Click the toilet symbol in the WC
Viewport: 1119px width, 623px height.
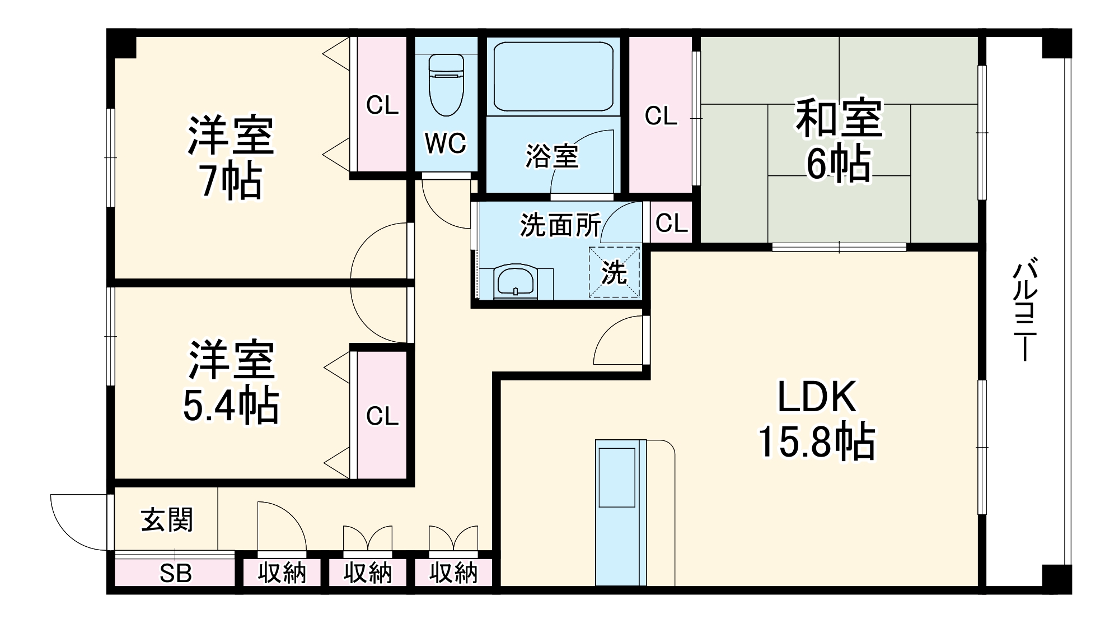click(x=446, y=84)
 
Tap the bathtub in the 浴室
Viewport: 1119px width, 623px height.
click(x=553, y=76)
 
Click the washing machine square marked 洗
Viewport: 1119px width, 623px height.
click(x=614, y=272)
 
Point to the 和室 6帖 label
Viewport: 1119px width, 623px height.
click(x=839, y=140)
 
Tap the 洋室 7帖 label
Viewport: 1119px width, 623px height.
click(x=231, y=157)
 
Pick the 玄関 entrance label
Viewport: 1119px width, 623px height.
click(x=167, y=520)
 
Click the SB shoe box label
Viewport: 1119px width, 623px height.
click(x=175, y=573)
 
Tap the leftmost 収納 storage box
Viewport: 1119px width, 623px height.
click(x=282, y=573)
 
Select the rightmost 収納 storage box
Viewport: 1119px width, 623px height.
click(x=453, y=573)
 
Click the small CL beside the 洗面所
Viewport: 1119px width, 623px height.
click(x=671, y=224)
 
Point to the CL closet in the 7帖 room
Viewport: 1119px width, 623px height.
click(x=382, y=105)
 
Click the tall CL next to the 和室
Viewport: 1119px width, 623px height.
click(x=661, y=116)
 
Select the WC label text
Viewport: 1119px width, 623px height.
click(x=446, y=143)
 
